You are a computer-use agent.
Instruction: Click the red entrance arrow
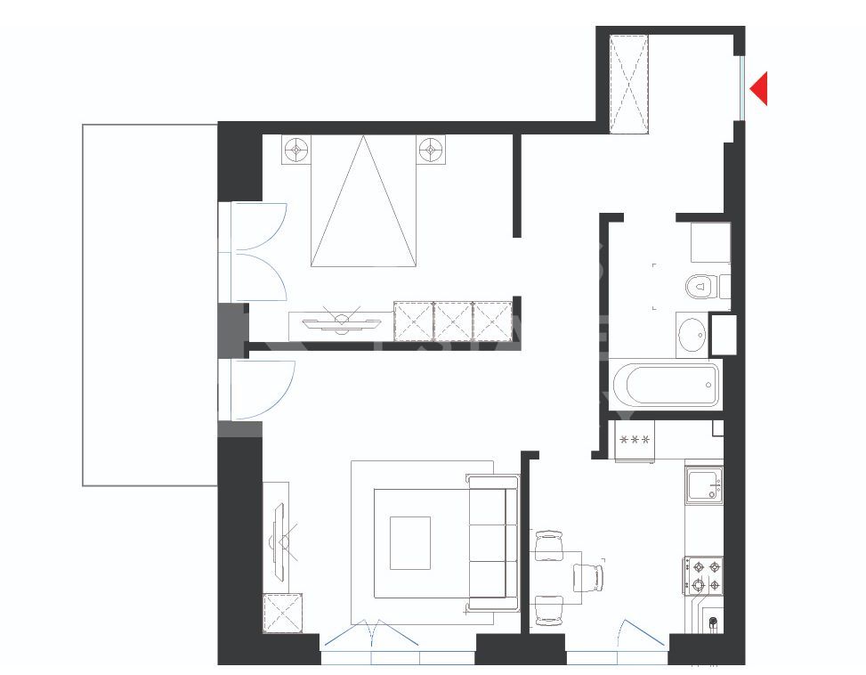click(759, 89)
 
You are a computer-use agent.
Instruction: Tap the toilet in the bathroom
click(700, 287)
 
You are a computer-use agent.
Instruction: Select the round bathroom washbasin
click(692, 336)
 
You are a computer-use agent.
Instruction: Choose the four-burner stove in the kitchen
click(703, 575)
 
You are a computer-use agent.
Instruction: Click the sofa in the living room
click(493, 543)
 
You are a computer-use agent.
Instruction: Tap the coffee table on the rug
click(409, 543)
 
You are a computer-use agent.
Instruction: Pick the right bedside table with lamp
click(431, 150)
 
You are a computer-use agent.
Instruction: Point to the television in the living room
click(281, 537)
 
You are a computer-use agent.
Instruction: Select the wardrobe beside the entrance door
click(629, 85)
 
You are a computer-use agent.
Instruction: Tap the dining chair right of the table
click(587, 577)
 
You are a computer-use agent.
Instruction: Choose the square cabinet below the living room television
click(282, 613)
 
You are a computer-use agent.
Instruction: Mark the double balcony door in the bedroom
click(256, 253)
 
